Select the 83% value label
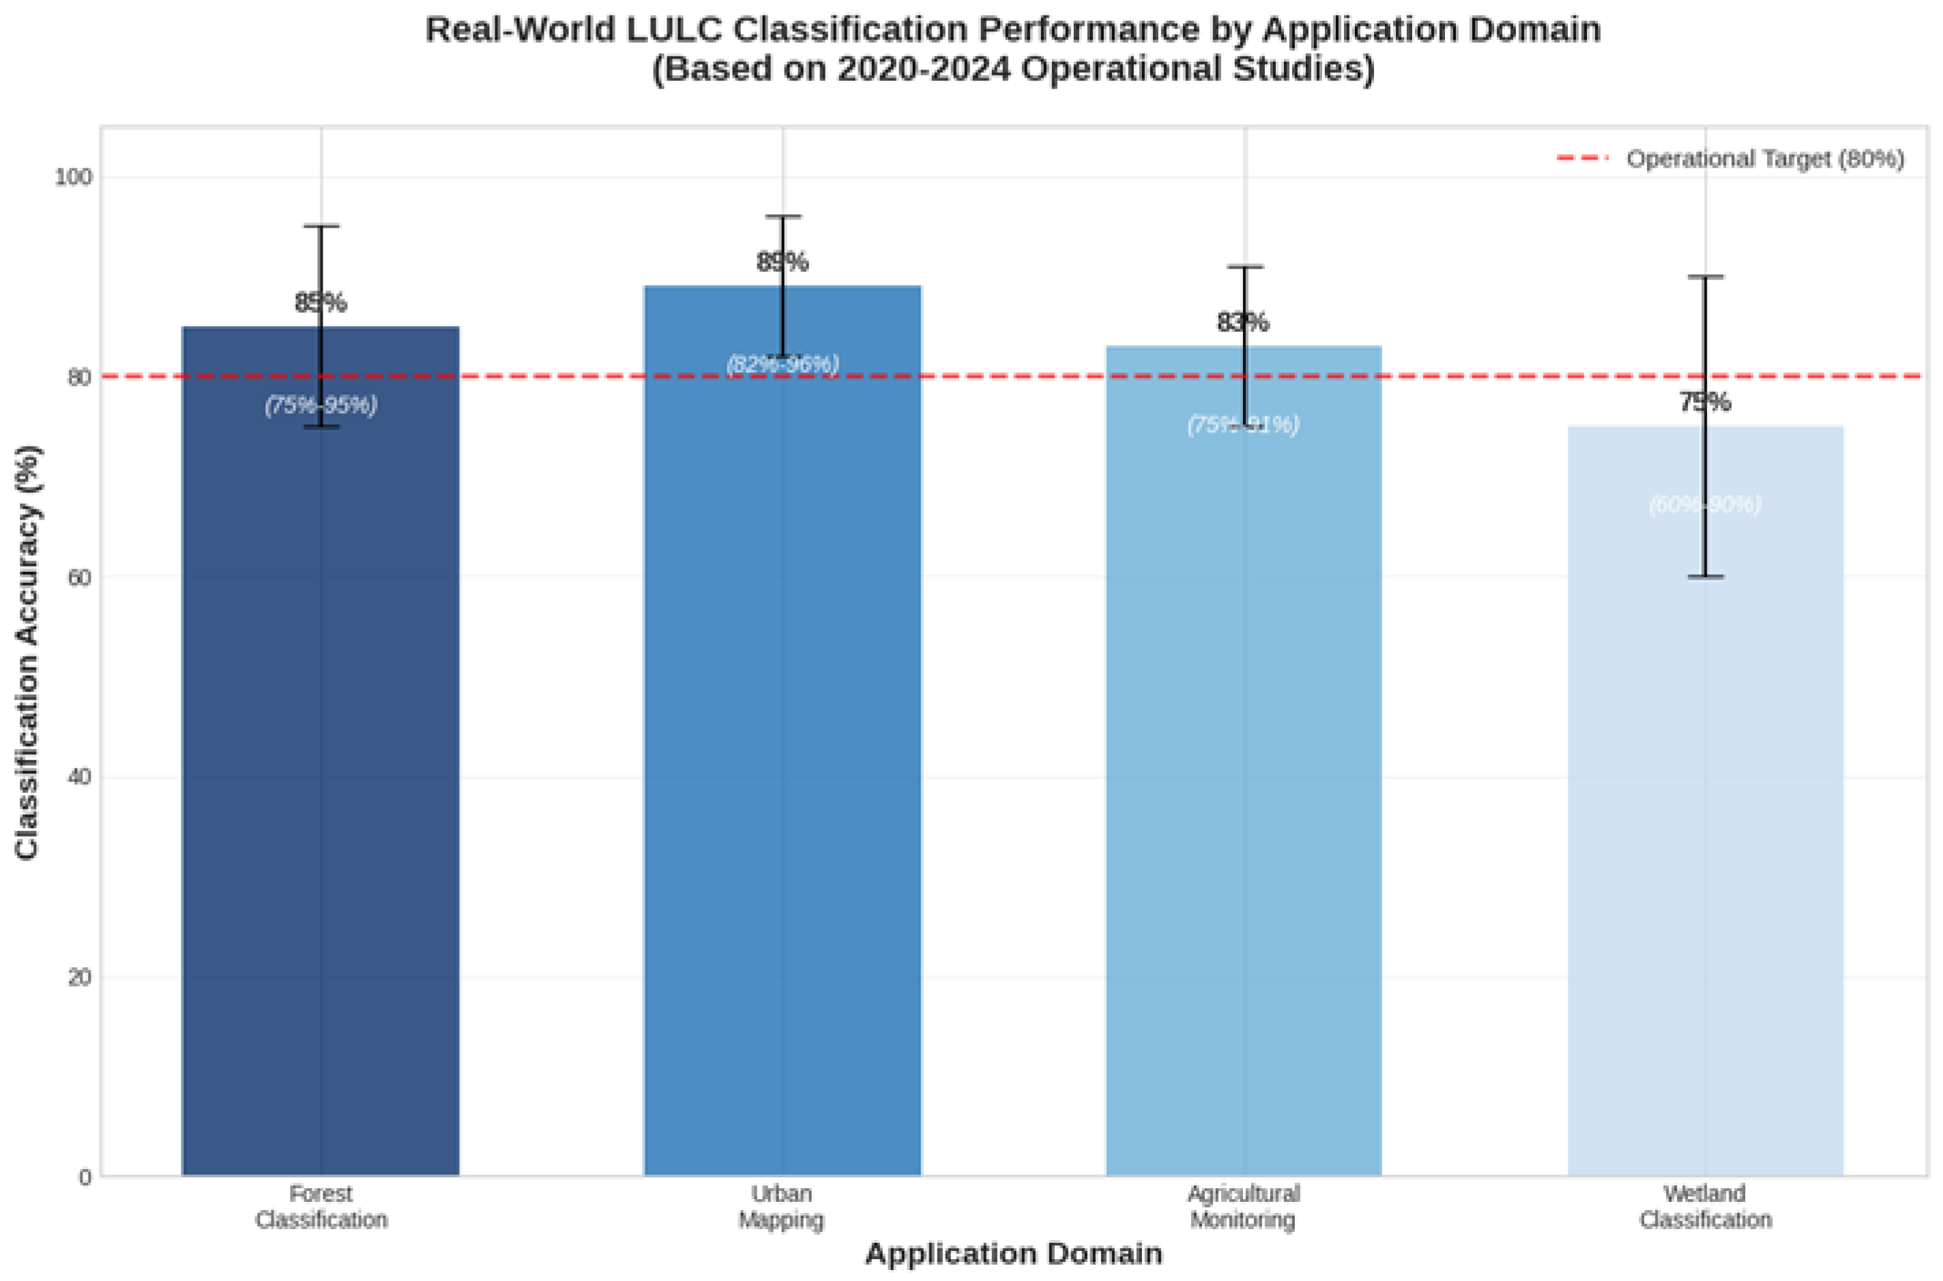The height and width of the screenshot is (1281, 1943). tap(1243, 322)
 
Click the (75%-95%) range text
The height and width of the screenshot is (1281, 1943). tap(321, 405)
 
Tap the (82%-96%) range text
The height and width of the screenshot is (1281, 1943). tap(783, 364)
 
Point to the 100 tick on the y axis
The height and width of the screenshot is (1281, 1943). tap(74, 177)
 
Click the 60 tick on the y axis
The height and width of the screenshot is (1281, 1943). tap(78, 577)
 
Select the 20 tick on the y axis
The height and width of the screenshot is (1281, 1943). tap(78, 977)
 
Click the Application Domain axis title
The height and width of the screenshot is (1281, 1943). tap(1014, 1253)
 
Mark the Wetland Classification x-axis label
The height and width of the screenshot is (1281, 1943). tap(1705, 1207)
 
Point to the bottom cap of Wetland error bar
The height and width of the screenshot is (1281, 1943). tap(1705, 577)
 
